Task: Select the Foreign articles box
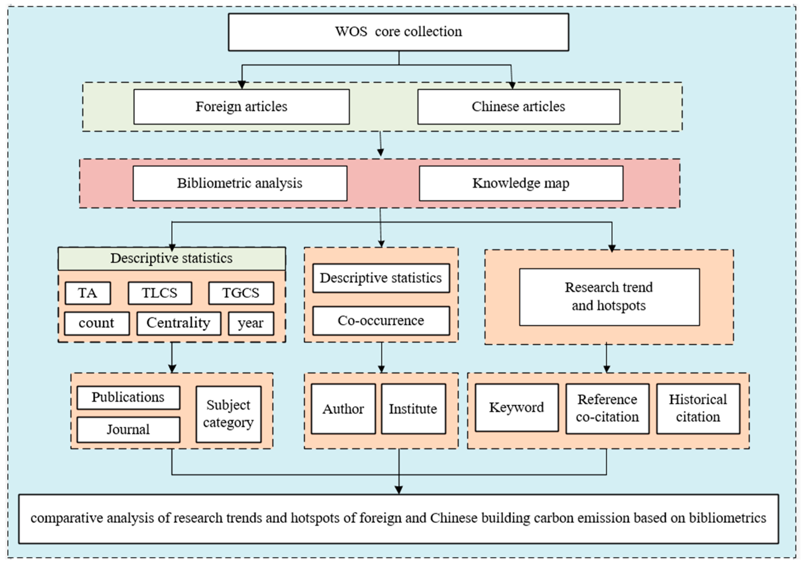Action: (241, 106)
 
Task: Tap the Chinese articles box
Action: (518, 106)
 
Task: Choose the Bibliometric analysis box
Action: (239, 183)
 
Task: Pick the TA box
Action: (88, 293)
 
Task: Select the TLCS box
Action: (160, 293)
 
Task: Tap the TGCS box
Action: (241, 293)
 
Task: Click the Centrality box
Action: (179, 323)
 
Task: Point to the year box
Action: (251, 323)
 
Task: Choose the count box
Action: (97, 323)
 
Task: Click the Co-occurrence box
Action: (381, 321)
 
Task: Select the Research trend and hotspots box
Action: (609, 297)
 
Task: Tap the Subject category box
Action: (228, 414)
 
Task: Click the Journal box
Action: (128, 429)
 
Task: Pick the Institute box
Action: (413, 409)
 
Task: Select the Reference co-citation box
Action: (607, 409)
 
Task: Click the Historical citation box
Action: (698, 409)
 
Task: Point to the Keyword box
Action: (516, 407)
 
